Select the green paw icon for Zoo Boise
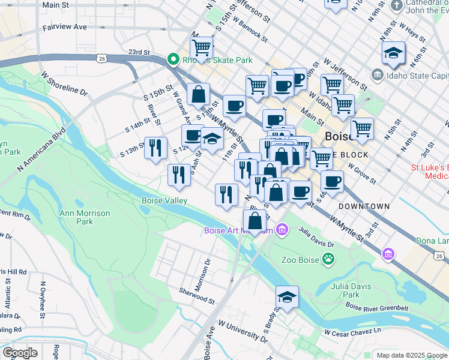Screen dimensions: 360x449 pos(328,259)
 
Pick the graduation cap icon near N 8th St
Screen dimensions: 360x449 pos(393,53)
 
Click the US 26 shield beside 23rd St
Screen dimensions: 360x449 pos(101,58)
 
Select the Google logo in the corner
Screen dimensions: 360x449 pos(19,353)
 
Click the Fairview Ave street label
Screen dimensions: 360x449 pos(65,28)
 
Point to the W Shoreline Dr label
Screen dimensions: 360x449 pos(64,84)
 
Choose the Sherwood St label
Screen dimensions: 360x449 pos(196,295)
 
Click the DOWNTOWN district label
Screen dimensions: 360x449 pos(364,206)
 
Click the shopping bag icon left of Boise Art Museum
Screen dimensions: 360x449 pos(255,220)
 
